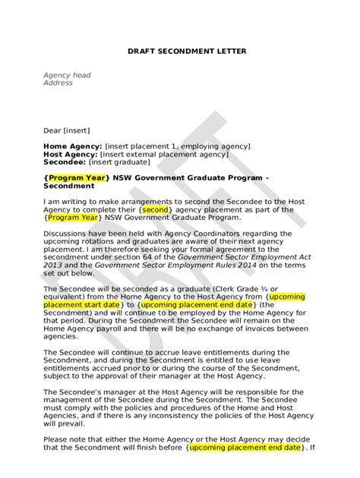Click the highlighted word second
click(x=154, y=209)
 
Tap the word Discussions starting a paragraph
click(x=67, y=233)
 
